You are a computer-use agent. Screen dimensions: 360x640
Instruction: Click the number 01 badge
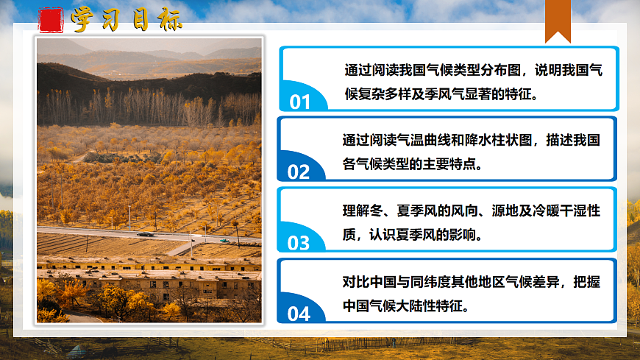click(300, 102)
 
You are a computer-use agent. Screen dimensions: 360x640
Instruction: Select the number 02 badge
click(299, 172)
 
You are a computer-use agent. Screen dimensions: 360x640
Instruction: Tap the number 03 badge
click(299, 243)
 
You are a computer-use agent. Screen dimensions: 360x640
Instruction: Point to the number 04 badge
click(299, 314)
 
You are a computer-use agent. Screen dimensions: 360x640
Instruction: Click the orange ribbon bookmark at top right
click(558, 21)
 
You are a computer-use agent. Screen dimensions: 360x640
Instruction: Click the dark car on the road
click(146, 234)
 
